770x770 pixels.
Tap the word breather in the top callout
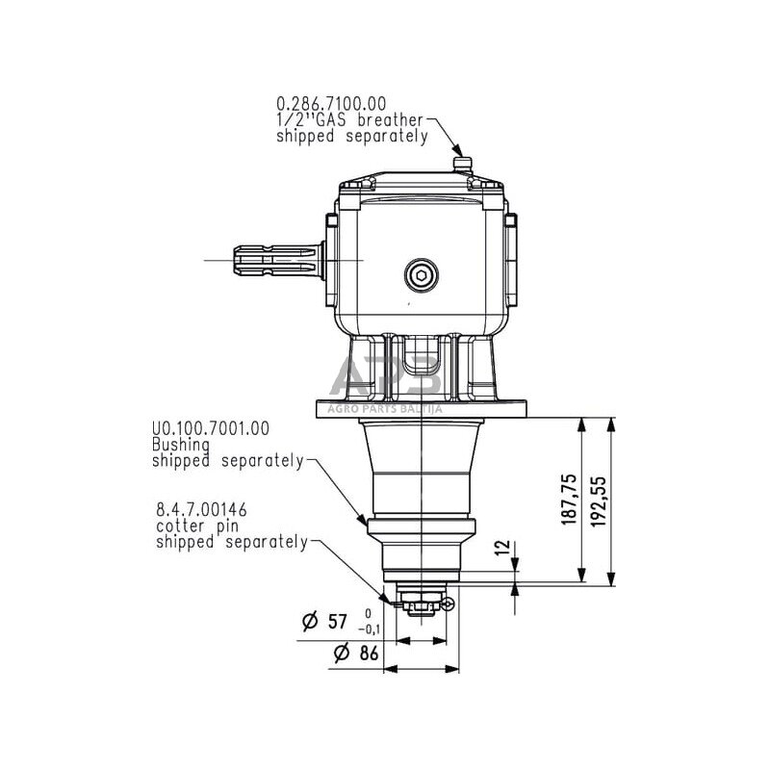pyautogui.click(x=389, y=119)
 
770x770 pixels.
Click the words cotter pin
pyautogui.click(x=197, y=526)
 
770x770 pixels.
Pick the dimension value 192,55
pyautogui.click(x=599, y=499)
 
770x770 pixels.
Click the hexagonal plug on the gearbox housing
pyautogui.click(x=421, y=275)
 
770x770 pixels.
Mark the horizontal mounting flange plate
pyautogui.click(x=423, y=409)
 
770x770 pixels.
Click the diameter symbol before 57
pyautogui.click(x=310, y=622)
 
